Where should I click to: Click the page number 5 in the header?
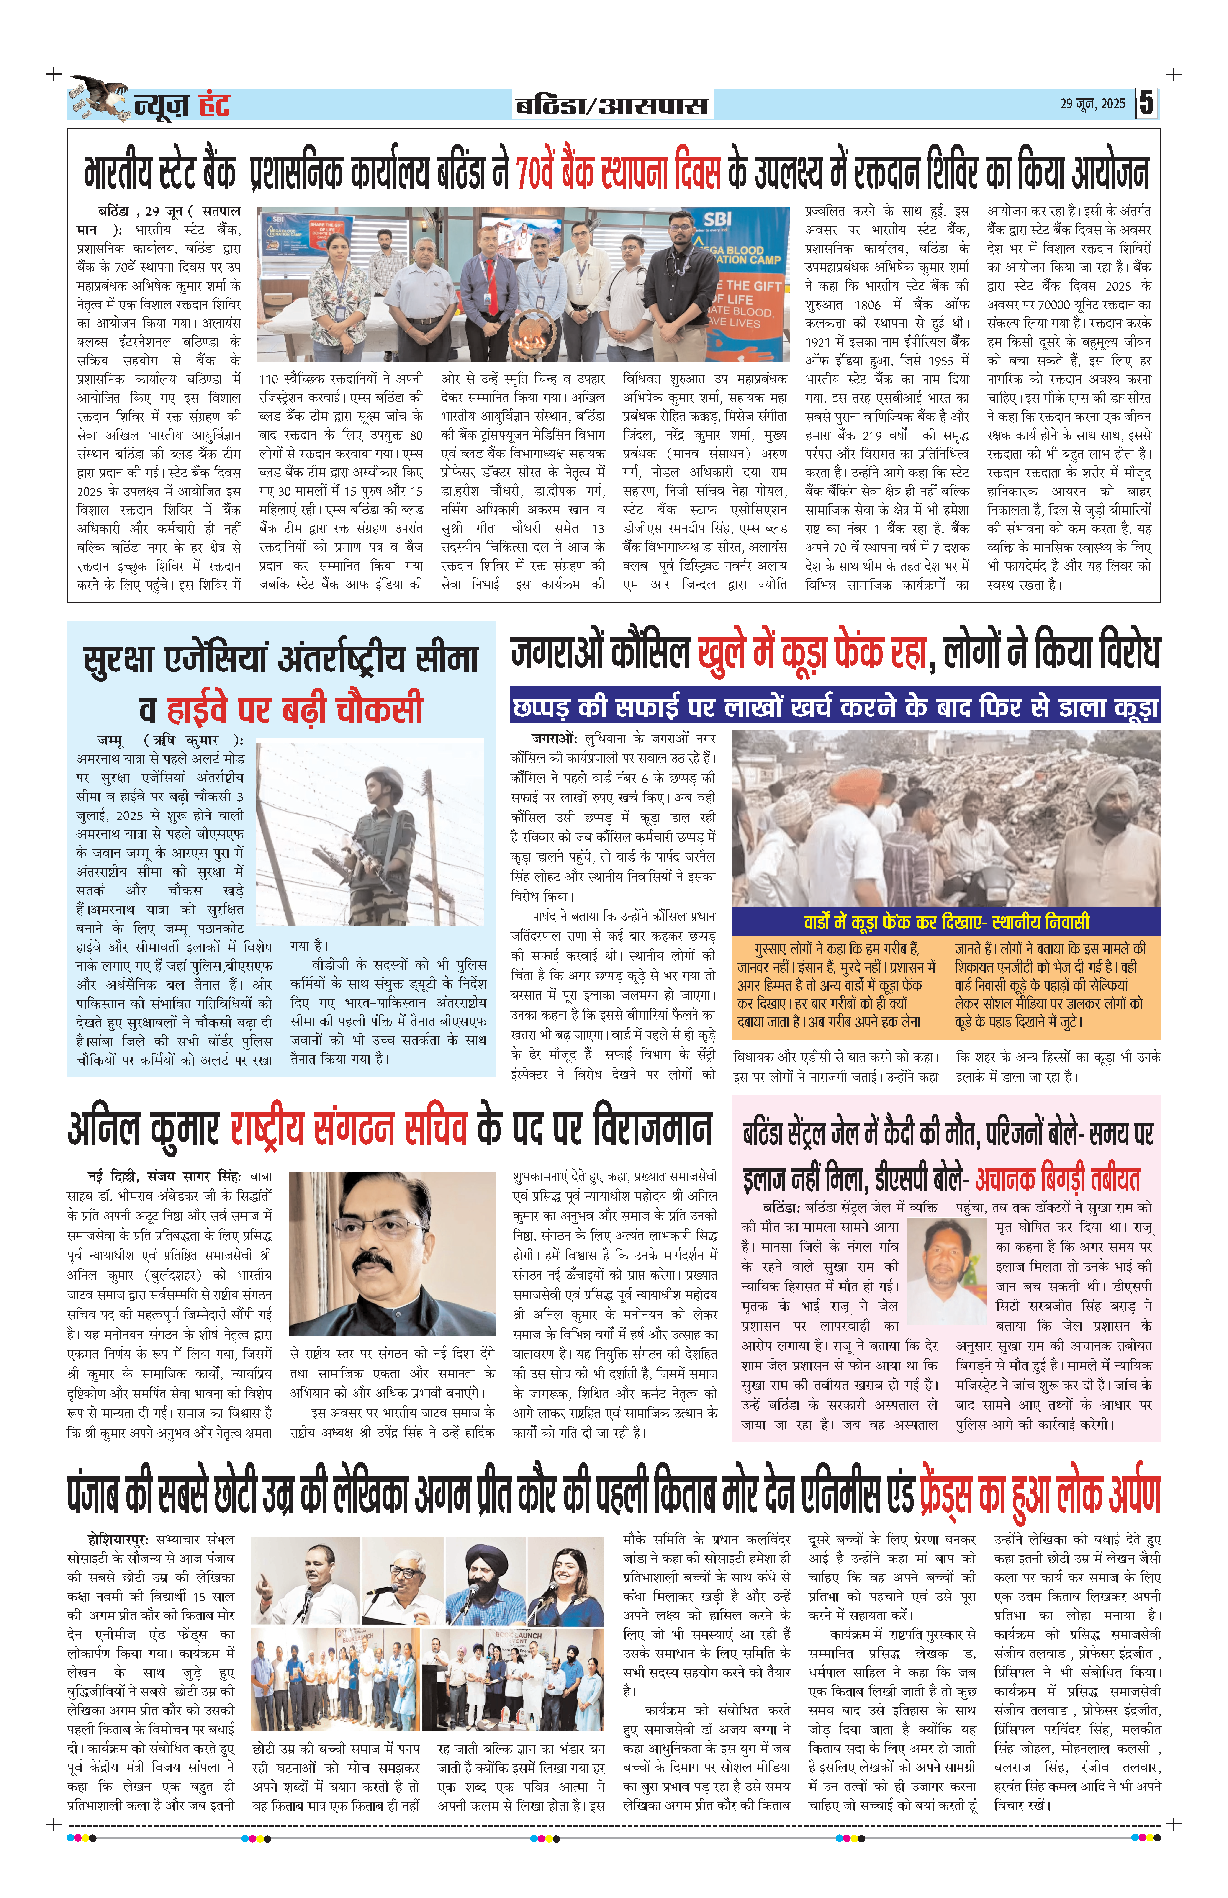click(x=1146, y=104)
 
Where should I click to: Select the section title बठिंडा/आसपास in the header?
click(x=611, y=105)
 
